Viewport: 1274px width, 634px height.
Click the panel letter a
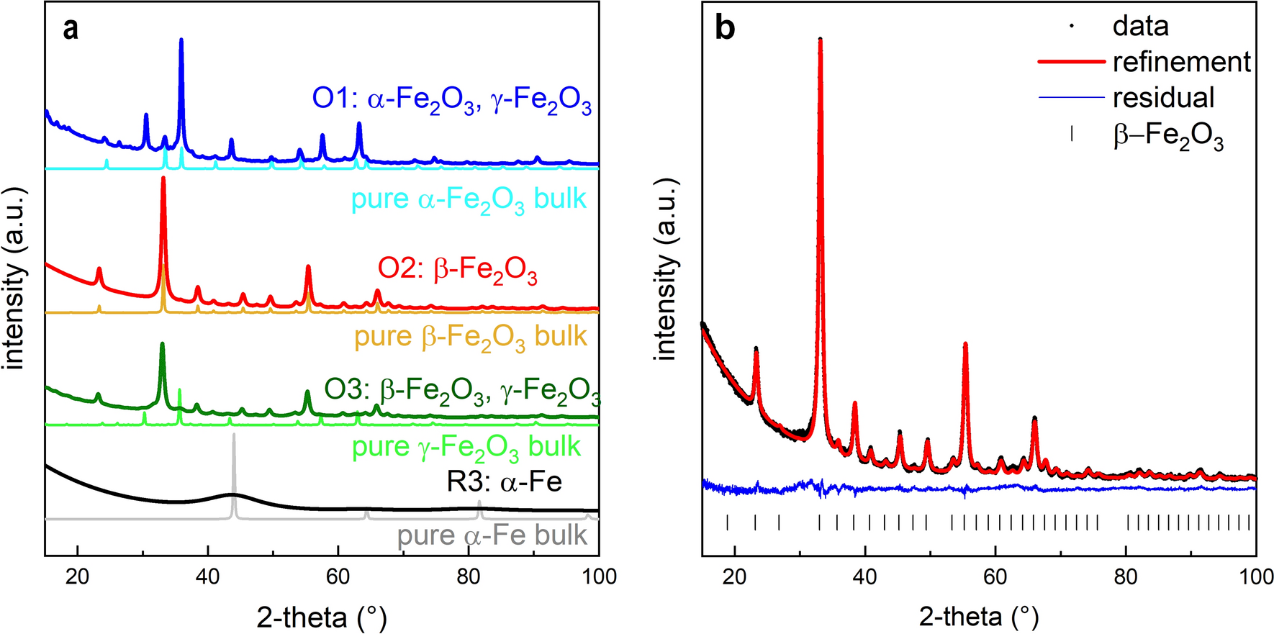pos(70,30)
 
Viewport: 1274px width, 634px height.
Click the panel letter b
pos(724,28)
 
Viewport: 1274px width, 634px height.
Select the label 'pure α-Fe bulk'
pos(492,535)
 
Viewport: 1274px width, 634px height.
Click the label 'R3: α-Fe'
pos(504,481)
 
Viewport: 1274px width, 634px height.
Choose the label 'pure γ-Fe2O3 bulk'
pos(466,448)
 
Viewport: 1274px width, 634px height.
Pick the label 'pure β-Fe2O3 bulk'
pos(470,337)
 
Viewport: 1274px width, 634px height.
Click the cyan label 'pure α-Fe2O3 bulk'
pos(469,199)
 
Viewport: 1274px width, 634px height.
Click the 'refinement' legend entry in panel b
pos(1180,62)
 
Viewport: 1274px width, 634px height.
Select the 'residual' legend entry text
pos(1163,97)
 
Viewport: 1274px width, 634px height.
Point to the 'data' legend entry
pos(1140,26)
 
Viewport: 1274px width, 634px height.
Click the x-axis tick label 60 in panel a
pos(338,576)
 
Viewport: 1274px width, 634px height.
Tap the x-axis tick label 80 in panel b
pos(1126,576)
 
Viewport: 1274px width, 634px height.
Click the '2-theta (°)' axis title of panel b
pos(978,616)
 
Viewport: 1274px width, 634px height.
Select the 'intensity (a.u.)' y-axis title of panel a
pos(14,278)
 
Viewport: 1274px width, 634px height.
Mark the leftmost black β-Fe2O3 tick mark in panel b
pos(727,522)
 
